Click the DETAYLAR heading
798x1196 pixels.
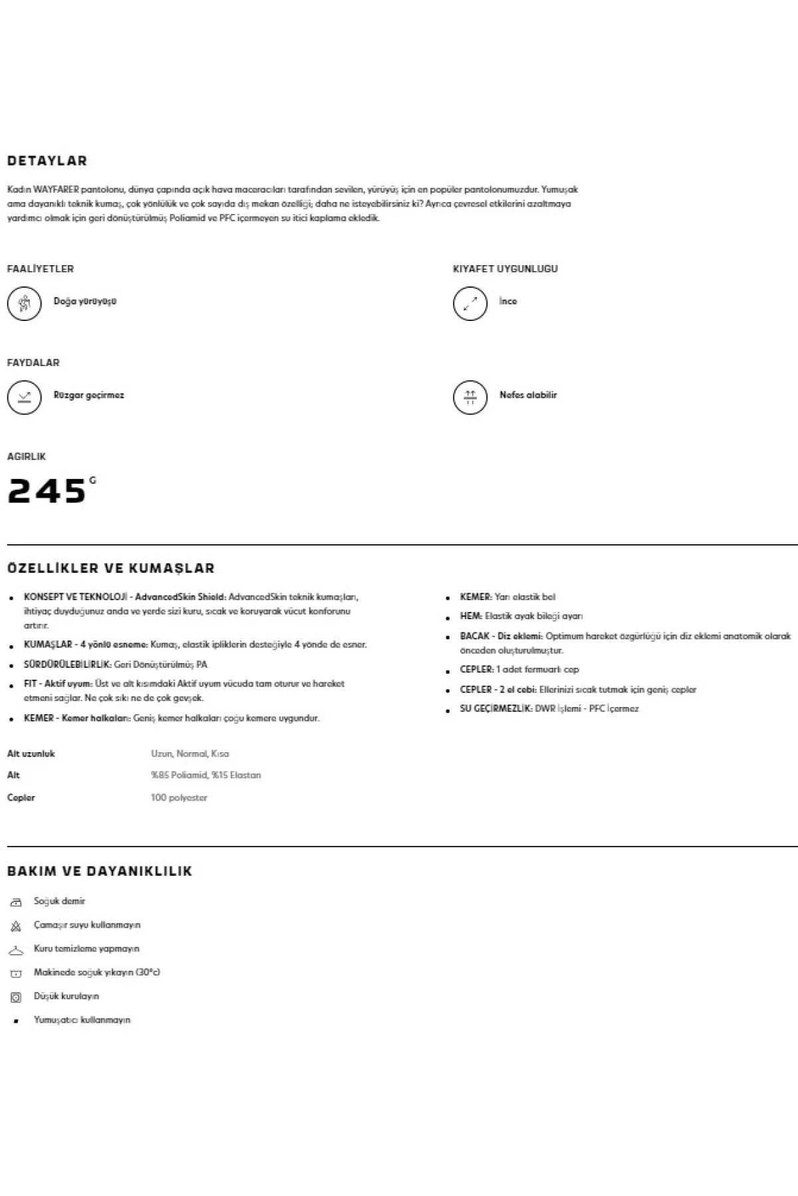[x=47, y=161]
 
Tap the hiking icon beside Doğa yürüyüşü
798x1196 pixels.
[x=24, y=303]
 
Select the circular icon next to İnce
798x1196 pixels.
[x=470, y=303]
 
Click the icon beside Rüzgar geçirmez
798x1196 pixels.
[x=24, y=397]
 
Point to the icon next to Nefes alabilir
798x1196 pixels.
[x=470, y=397]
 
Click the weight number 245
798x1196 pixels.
[x=47, y=492]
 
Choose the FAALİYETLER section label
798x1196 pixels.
[x=41, y=269]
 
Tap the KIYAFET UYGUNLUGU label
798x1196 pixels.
[x=505, y=269]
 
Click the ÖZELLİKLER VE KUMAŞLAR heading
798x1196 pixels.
[x=111, y=569]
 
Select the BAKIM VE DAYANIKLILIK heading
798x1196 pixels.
[x=100, y=872]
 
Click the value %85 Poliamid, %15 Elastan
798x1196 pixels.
[x=206, y=775]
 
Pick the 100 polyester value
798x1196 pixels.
[x=179, y=798]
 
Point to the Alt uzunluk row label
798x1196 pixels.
[x=31, y=754]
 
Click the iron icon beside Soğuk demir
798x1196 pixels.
[x=16, y=902]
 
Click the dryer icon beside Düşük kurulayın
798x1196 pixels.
[x=16, y=997]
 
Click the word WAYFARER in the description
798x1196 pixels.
[x=55, y=189]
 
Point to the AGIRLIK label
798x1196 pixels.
[x=27, y=457]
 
